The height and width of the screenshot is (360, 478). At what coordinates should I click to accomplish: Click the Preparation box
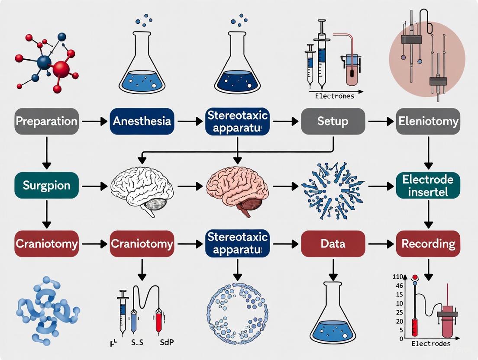pos(47,121)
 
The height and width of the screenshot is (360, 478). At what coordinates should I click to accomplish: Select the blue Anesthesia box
pos(142,121)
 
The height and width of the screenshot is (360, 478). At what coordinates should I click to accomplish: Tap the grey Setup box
pos(333,121)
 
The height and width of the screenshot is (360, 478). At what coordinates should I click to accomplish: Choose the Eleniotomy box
pos(428,121)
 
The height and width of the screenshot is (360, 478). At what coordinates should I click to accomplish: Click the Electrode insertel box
pos(428,186)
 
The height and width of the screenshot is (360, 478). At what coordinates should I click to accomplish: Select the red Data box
pos(333,244)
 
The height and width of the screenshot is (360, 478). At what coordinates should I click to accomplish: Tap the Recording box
pos(428,244)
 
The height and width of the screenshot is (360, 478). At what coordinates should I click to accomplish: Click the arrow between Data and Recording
pos(380,244)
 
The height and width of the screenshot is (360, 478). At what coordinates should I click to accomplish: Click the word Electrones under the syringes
pos(335,96)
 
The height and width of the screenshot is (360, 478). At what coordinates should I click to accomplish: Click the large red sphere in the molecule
pos(61,69)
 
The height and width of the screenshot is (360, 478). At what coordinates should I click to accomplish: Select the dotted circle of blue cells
pos(237,308)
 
